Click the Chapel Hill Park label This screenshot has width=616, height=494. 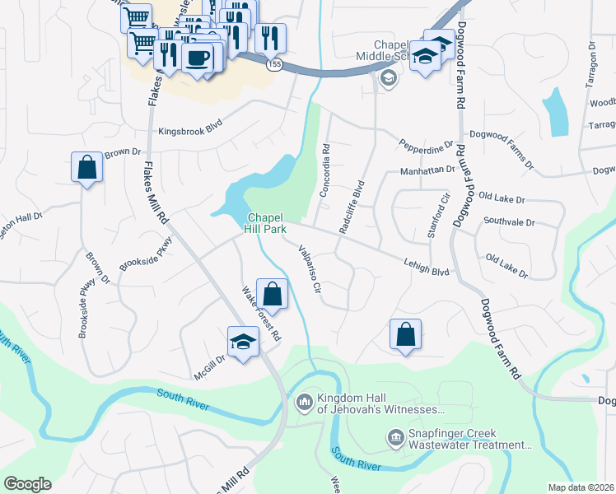tap(270, 223)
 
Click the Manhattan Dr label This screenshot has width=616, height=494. tap(427, 170)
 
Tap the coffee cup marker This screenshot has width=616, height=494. tap(198, 58)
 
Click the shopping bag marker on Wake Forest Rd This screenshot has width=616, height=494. tap(272, 294)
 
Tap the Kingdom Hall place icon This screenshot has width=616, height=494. tap(303, 401)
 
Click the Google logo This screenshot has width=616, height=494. tap(27, 483)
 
